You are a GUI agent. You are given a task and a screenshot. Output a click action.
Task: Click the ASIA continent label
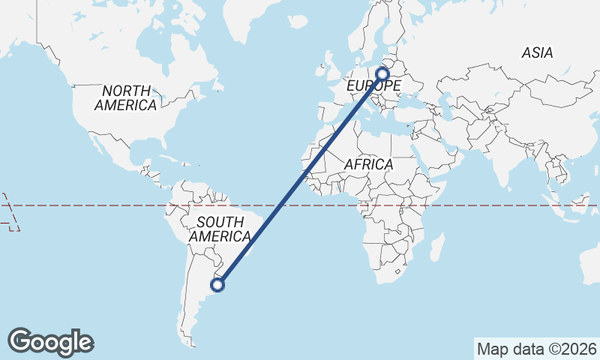tap(538, 52)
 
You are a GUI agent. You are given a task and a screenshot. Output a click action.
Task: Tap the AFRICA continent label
tap(368, 163)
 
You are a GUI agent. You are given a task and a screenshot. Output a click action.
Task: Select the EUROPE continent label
tap(373, 87)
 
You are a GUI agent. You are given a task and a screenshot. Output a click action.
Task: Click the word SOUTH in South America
tap(220, 222)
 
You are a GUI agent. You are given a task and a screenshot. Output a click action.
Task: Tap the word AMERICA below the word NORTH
tap(125, 106)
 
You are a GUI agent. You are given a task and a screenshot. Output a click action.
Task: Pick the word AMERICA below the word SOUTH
tap(220, 237)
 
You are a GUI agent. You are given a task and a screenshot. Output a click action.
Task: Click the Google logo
tap(50, 342)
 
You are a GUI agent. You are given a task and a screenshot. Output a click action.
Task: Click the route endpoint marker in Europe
tap(383, 74)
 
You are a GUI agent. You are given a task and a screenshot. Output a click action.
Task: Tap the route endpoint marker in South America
tap(218, 284)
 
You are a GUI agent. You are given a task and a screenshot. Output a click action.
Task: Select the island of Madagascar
tap(436, 247)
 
